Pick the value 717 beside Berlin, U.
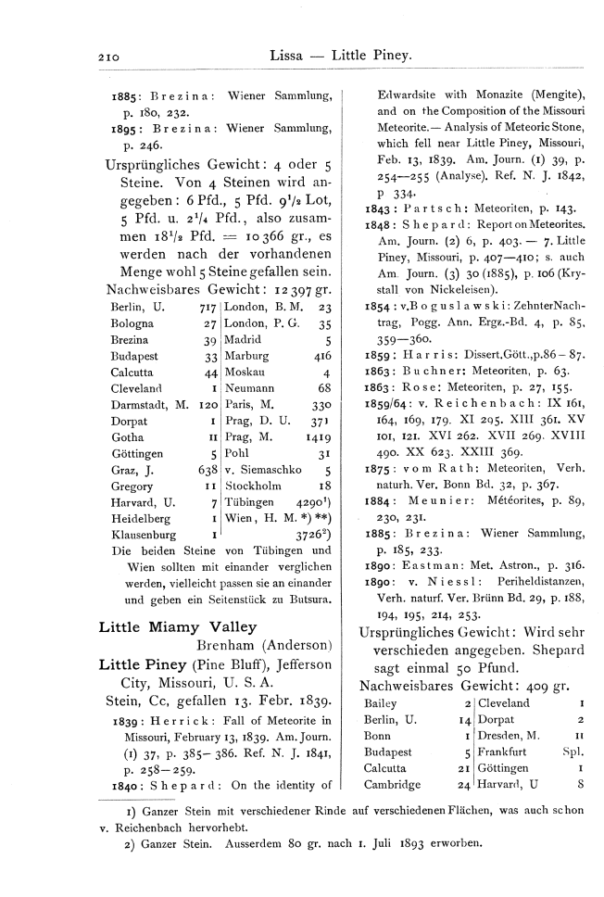(208, 308)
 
